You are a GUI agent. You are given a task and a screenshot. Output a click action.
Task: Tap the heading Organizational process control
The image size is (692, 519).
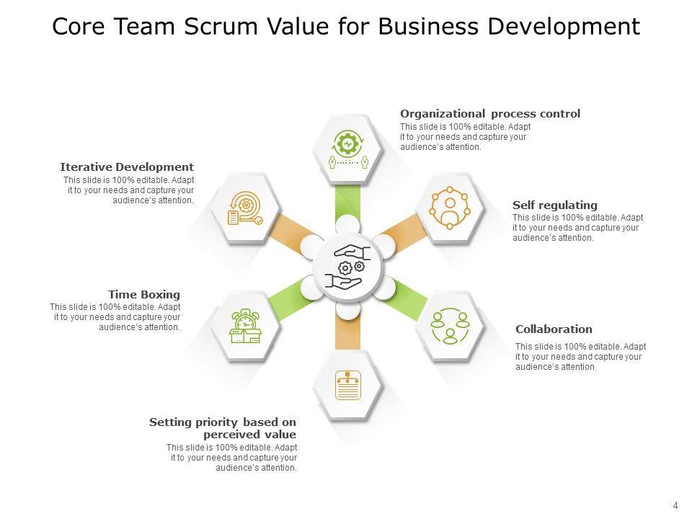coord(490,114)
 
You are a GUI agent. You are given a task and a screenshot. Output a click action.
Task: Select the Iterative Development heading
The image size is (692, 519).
coord(127,167)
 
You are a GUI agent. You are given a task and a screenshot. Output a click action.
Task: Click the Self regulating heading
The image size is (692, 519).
coord(555,205)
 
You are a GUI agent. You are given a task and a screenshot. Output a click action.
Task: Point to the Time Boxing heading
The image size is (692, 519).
coord(144,294)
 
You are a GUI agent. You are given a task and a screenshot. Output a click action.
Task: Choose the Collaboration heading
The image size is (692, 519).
coord(554,329)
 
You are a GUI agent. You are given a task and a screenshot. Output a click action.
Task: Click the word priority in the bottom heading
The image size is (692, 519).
coord(214,422)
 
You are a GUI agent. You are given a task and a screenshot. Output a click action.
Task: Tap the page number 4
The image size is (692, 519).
coord(675,505)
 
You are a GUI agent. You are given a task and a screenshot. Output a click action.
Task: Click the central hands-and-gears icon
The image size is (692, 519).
coord(348,267)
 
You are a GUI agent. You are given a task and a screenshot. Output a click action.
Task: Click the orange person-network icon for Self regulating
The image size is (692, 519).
coord(450,208)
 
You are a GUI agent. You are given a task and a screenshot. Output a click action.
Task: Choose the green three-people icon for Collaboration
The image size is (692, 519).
coord(451,326)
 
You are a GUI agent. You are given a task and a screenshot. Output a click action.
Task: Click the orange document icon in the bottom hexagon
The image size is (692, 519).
coord(348,386)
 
